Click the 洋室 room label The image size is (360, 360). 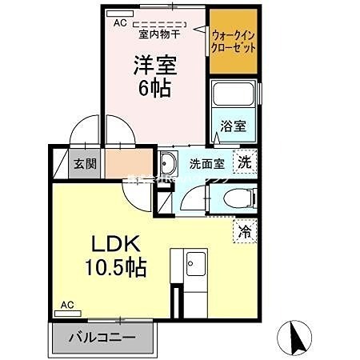tap(154, 64)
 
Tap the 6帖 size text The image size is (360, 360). tap(154, 87)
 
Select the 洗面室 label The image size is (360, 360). tap(206, 164)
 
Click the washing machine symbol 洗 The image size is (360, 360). tap(246, 161)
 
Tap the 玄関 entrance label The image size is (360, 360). tap(86, 164)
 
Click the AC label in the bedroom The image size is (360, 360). tap(120, 23)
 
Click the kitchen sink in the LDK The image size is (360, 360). tap(194, 262)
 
